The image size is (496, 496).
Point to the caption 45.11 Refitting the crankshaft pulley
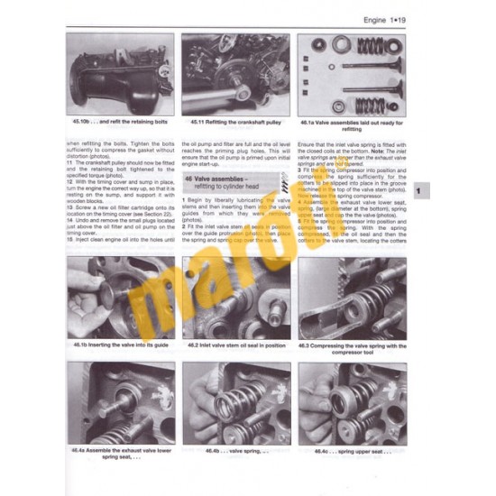pos(235,120)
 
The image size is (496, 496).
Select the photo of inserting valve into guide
pos(120,298)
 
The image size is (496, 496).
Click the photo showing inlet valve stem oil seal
pos(235,298)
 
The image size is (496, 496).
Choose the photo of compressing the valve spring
pos(352,298)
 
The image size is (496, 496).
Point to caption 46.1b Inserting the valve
pos(120,344)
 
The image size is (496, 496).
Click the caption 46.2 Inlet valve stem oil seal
pos(235,344)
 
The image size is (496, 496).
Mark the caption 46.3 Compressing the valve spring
pos(352,347)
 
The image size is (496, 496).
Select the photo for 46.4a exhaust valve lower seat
pos(120,402)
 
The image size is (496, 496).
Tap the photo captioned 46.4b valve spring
pos(235,402)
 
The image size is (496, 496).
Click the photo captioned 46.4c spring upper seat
pos(352,402)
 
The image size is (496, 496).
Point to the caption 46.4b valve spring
pos(235,450)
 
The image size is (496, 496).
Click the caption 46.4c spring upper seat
pos(352,450)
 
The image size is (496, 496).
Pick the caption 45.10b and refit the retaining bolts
pos(120,120)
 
